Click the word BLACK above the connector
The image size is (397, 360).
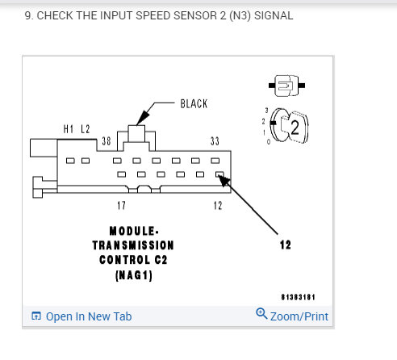coord(194,104)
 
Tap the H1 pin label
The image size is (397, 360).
coord(69,129)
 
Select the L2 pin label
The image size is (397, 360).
coord(86,129)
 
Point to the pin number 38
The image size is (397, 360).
coord(107,141)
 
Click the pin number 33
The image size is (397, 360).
coord(215,141)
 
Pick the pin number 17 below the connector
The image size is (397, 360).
coord(121,206)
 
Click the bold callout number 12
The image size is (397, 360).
coord(286,245)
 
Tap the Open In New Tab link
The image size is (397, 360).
coord(89,316)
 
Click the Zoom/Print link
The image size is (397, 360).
coord(299,316)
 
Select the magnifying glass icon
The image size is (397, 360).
coord(261,313)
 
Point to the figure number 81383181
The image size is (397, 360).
coord(298,297)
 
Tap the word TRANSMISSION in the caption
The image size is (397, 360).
coord(133,245)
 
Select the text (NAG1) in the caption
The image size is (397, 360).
coord(134,275)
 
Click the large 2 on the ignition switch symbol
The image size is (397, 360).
coord(295,128)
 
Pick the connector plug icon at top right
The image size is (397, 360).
coord(286,86)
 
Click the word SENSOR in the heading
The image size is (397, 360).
coord(194,15)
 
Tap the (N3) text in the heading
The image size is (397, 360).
coord(240,15)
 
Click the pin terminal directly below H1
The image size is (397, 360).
coord(70,161)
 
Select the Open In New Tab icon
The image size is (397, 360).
coord(36,316)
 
